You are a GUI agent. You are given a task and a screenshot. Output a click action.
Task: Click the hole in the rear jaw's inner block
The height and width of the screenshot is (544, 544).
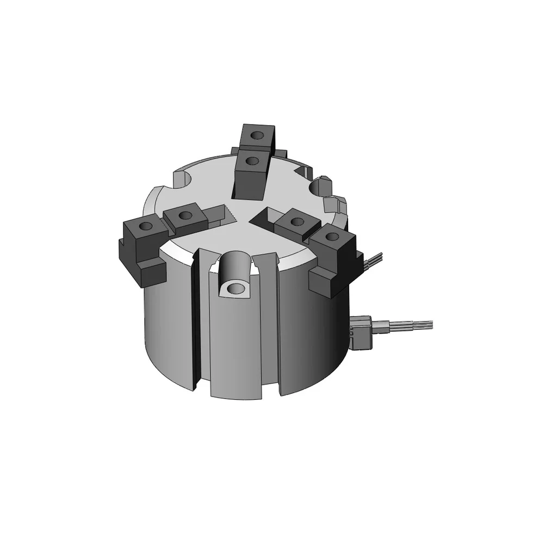tap(252, 160)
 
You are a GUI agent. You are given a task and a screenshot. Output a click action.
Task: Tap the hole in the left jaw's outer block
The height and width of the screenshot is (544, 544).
tap(146, 225)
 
